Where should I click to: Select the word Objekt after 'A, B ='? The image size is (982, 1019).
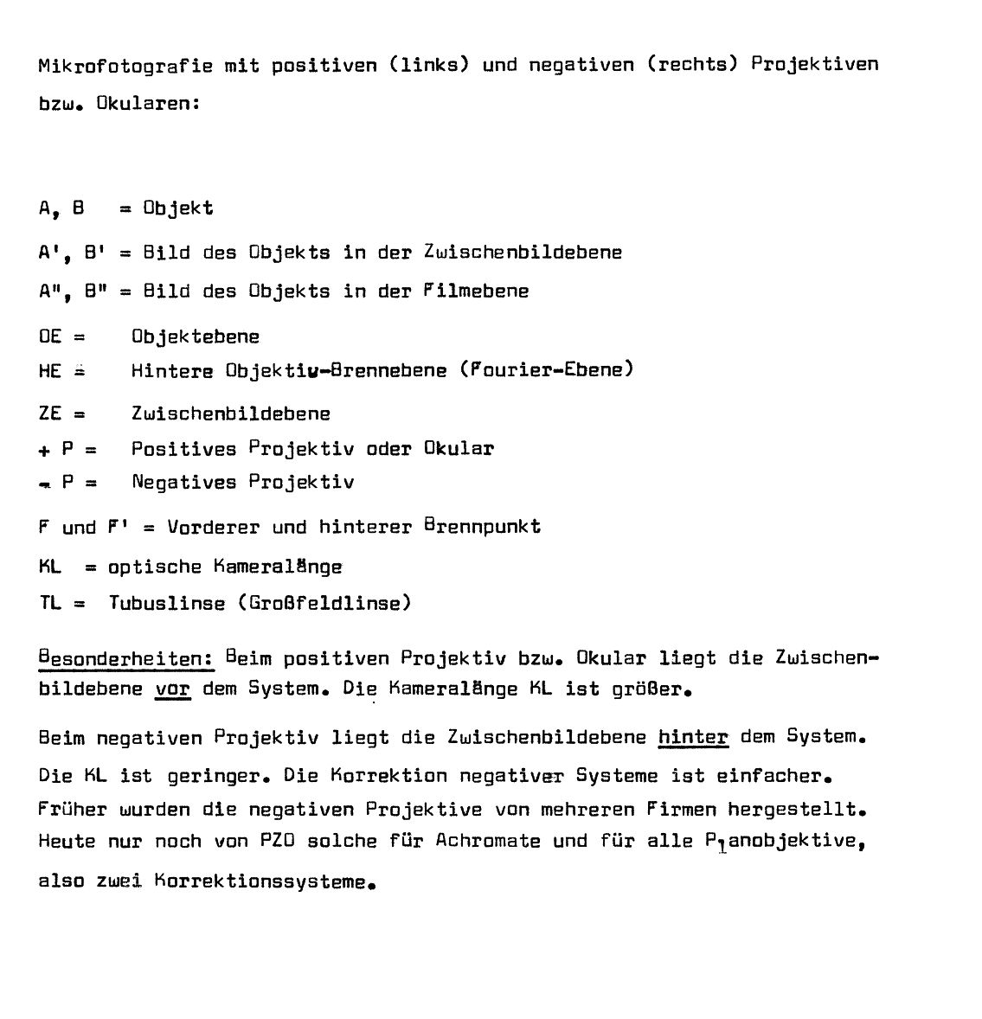click(x=178, y=208)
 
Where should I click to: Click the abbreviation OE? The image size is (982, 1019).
click(x=50, y=336)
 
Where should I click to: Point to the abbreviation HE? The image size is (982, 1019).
click(x=50, y=370)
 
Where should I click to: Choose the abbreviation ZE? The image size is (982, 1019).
click(x=50, y=413)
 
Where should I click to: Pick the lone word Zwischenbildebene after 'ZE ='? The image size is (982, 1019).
click(x=231, y=413)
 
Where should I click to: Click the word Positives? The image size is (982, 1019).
click(x=184, y=449)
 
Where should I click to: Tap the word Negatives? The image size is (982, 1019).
click(x=184, y=482)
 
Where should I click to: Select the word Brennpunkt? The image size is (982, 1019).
click(x=482, y=527)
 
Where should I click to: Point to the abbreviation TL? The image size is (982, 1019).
click(x=50, y=603)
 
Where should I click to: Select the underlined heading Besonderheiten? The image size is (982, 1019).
click(x=126, y=658)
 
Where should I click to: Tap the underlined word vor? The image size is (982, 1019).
click(x=172, y=690)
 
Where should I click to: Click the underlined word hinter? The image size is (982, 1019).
click(x=693, y=737)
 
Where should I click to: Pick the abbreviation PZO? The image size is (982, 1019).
click(x=279, y=842)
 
